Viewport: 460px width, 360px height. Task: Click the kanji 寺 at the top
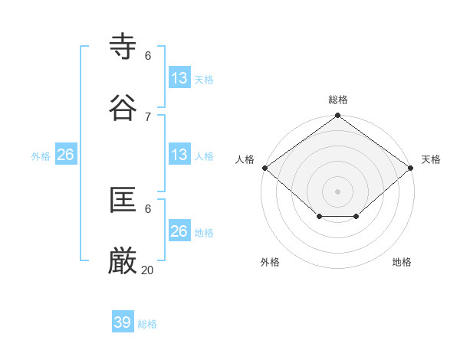pos(123,47)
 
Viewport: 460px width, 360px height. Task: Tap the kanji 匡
pos(123,201)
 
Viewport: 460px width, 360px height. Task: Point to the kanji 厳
pos(123,262)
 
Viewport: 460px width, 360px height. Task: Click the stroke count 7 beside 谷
pos(148,116)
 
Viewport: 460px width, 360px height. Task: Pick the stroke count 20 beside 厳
pos(148,270)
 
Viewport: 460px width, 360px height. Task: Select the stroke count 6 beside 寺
pos(148,55)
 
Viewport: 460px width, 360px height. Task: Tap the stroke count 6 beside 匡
pos(148,208)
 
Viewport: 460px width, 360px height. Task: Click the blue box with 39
pos(123,322)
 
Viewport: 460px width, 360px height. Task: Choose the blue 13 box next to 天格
pos(179,77)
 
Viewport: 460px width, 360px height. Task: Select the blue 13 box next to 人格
pos(179,155)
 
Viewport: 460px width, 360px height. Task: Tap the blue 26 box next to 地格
pos(179,231)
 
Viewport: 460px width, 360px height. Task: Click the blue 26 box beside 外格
pos(66,155)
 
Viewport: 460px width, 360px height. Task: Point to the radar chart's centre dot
pos(337,191)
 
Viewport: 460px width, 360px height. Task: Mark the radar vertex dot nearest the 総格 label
pos(337,116)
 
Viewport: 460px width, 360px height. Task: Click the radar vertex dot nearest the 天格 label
pos(411,168)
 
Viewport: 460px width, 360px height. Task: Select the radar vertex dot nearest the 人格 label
pos(264,168)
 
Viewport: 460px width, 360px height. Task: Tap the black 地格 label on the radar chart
pos(402,262)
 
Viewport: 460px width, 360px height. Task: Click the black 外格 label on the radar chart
pos(270,262)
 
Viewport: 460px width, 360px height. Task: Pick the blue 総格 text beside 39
pos(147,324)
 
